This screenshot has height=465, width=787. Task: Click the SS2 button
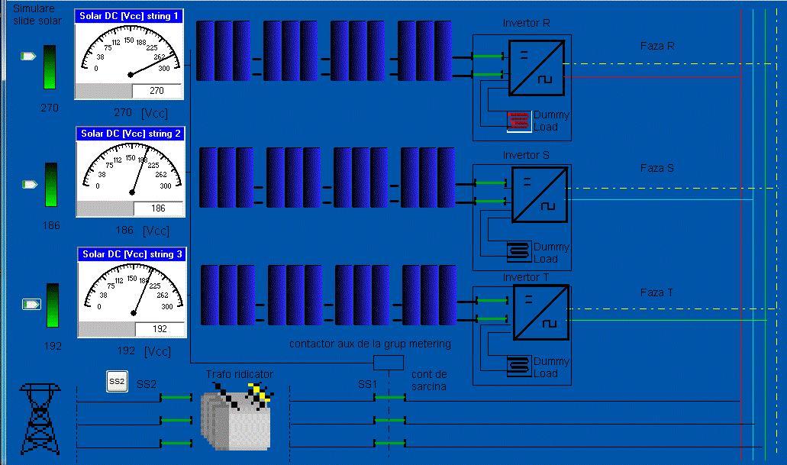tap(117, 382)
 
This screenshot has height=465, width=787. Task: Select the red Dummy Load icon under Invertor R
tap(519, 121)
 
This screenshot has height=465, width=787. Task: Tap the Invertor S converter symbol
tap(540, 195)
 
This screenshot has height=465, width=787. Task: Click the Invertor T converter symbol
tap(541, 312)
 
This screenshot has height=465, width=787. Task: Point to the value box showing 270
tap(156, 91)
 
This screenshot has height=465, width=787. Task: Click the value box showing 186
tap(158, 208)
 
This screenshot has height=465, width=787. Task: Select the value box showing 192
tap(160, 329)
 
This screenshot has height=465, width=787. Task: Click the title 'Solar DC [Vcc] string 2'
tap(131, 134)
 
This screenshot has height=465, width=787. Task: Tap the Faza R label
tap(657, 47)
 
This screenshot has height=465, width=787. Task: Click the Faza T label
tap(656, 292)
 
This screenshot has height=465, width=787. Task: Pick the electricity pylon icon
tap(40, 419)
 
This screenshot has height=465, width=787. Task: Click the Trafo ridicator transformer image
tap(237, 416)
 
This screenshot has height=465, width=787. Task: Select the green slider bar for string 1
tap(50, 67)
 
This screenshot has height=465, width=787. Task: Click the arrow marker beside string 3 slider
tap(31, 305)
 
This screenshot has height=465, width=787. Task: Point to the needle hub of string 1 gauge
tap(131, 75)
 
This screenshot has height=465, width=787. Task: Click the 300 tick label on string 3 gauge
tap(167, 306)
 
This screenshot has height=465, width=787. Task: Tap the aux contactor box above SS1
tap(389, 363)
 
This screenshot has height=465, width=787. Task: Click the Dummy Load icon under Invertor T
tap(519, 367)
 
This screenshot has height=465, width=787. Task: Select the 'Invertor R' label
tap(526, 23)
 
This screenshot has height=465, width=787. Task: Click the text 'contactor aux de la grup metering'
tap(370, 344)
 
